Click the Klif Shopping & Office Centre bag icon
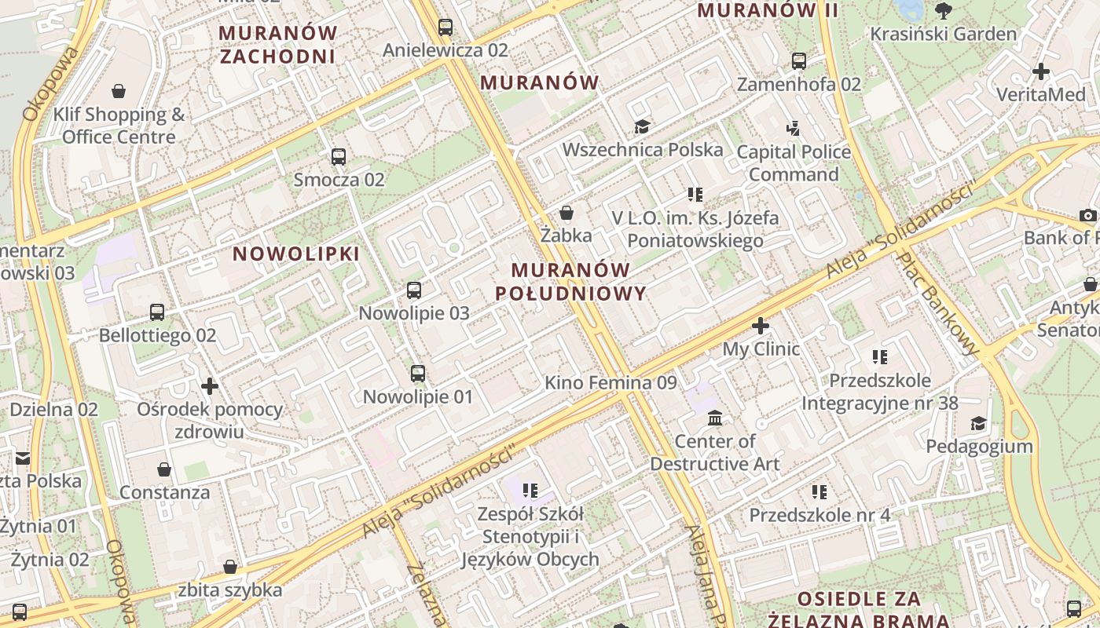tap(119, 92)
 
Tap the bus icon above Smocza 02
tap(339, 157)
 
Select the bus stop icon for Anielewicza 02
tap(445, 27)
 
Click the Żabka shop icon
tap(566, 213)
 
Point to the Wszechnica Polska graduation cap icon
tap(642, 126)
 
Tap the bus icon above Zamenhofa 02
tap(799, 61)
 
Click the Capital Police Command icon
tap(793, 128)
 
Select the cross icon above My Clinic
tap(760, 325)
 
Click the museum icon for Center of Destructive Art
tap(714, 418)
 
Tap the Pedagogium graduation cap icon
tap(977, 424)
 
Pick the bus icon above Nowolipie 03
tap(414, 290)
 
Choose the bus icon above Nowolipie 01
tap(418, 374)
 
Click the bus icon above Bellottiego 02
tap(157, 312)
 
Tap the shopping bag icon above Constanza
tap(164, 469)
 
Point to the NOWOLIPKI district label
tap(296, 254)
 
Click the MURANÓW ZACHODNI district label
tap(278, 45)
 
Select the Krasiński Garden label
tap(943, 34)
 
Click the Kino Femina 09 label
tap(610, 383)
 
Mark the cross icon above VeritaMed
tap(1041, 71)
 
